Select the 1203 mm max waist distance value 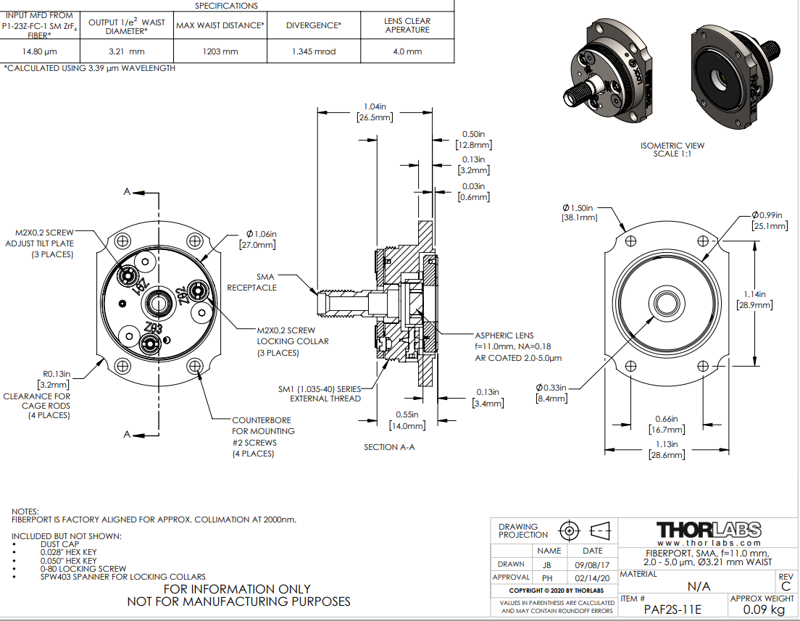click(220, 51)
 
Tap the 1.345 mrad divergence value click(314, 51)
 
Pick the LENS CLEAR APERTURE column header click(407, 25)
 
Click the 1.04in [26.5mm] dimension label click(375, 112)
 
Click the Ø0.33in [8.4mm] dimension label click(552, 392)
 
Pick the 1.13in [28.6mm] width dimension click(665, 449)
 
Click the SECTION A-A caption click(389, 447)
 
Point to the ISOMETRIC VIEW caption click(672, 149)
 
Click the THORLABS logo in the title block click(709, 530)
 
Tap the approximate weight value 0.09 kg click(761, 609)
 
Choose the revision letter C click(786, 587)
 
